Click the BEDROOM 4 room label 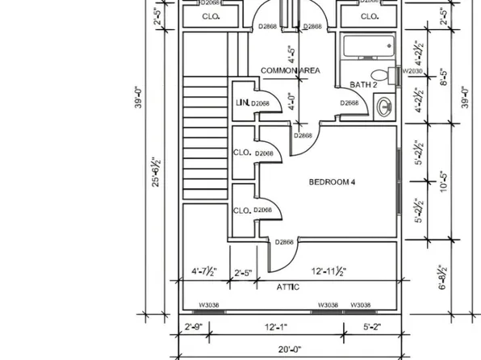tap(332, 182)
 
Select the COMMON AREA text tap(290, 71)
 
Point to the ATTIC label tap(288, 287)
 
